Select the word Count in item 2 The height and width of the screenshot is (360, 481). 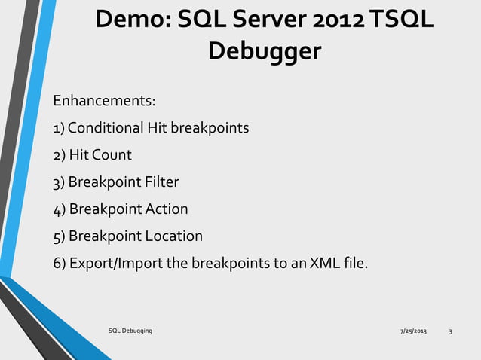coord(112,155)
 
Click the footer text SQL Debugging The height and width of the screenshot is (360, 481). coord(130,331)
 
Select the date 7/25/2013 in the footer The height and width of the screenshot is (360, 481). coord(412,331)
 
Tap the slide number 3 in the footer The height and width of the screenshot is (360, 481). coord(450,331)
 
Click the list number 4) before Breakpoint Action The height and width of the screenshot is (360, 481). coord(58,209)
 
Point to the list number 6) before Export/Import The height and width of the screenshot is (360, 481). coord(58,264)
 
